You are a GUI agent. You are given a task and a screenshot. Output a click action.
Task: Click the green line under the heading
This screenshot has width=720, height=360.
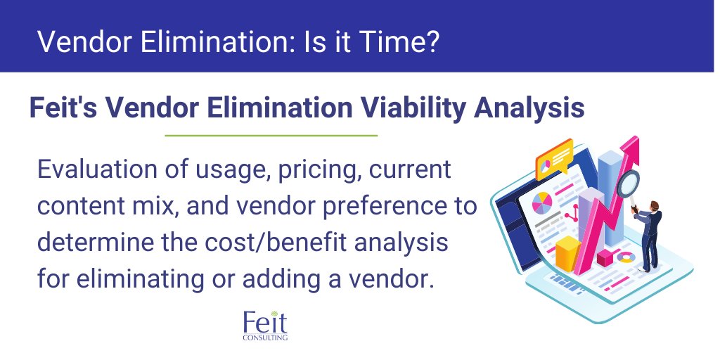(271, 135)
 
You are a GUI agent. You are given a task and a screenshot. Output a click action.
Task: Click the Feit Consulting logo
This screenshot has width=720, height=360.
(264, 325)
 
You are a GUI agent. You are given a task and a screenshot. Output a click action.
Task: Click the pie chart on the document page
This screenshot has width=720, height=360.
(542, 203)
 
